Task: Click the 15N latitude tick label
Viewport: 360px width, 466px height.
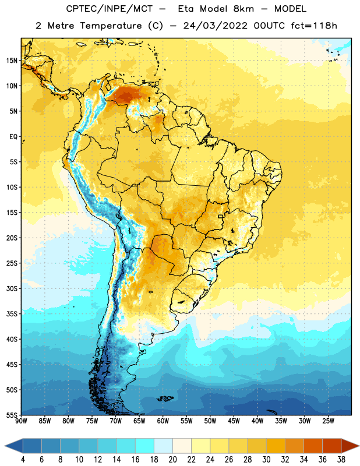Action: point(12,61)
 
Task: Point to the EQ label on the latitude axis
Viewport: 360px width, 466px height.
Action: point(13,137)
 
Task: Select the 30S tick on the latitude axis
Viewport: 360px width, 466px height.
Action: point(12,288)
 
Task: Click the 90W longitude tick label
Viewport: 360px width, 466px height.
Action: point(22,421)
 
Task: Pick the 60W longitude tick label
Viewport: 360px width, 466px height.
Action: point(163,421)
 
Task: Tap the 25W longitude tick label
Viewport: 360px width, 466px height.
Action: point(328,421)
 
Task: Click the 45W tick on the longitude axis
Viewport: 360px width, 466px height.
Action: point(234,421)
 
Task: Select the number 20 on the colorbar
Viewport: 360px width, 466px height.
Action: point(172,460)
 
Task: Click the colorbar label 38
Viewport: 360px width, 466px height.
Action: point(341,460)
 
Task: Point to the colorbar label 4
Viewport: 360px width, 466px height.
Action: point(23,460)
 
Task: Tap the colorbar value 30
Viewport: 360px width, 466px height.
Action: point(266,460)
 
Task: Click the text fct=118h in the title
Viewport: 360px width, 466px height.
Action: point(314,26)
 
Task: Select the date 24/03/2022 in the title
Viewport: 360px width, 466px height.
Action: point(215,26)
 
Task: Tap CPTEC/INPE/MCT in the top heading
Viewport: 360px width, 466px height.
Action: point(109,9)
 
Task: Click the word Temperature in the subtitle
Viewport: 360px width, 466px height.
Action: point(111,26)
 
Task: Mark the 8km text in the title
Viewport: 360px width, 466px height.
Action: point(243,9)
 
